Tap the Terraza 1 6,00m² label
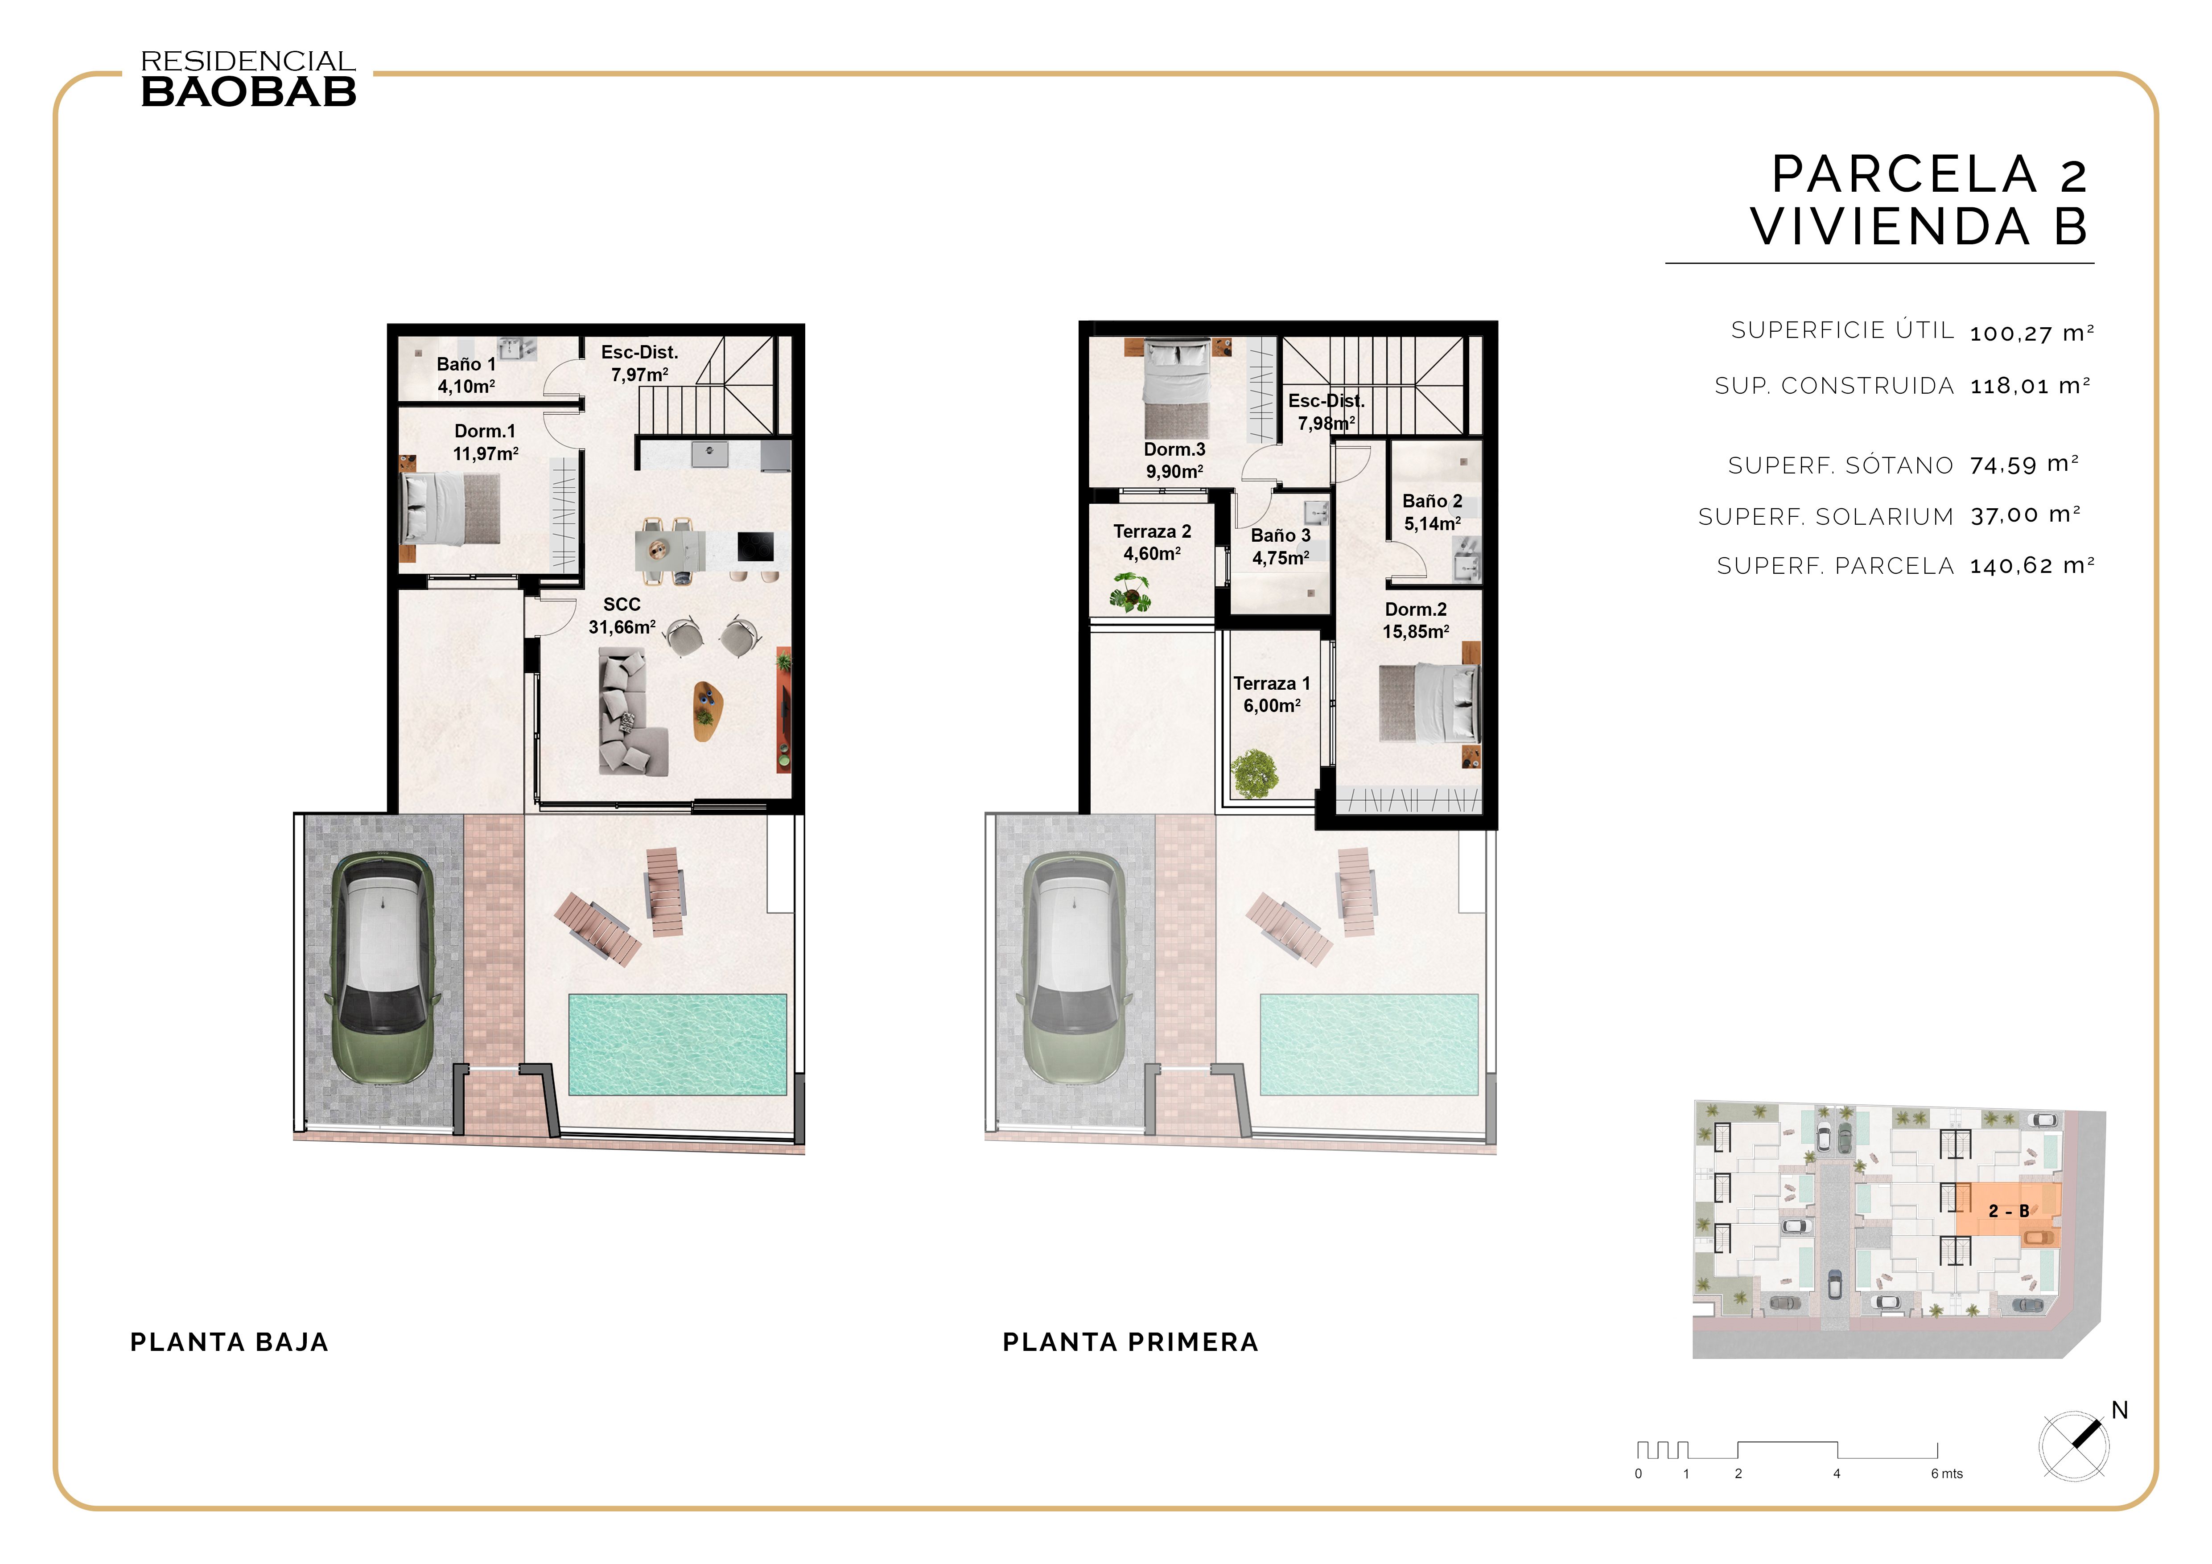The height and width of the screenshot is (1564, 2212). click(1272, 693)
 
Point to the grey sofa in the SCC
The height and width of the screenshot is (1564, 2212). click(628, 712)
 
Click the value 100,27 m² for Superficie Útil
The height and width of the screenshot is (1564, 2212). click(2031, 333)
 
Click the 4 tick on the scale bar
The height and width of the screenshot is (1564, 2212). click(1836, 1473)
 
